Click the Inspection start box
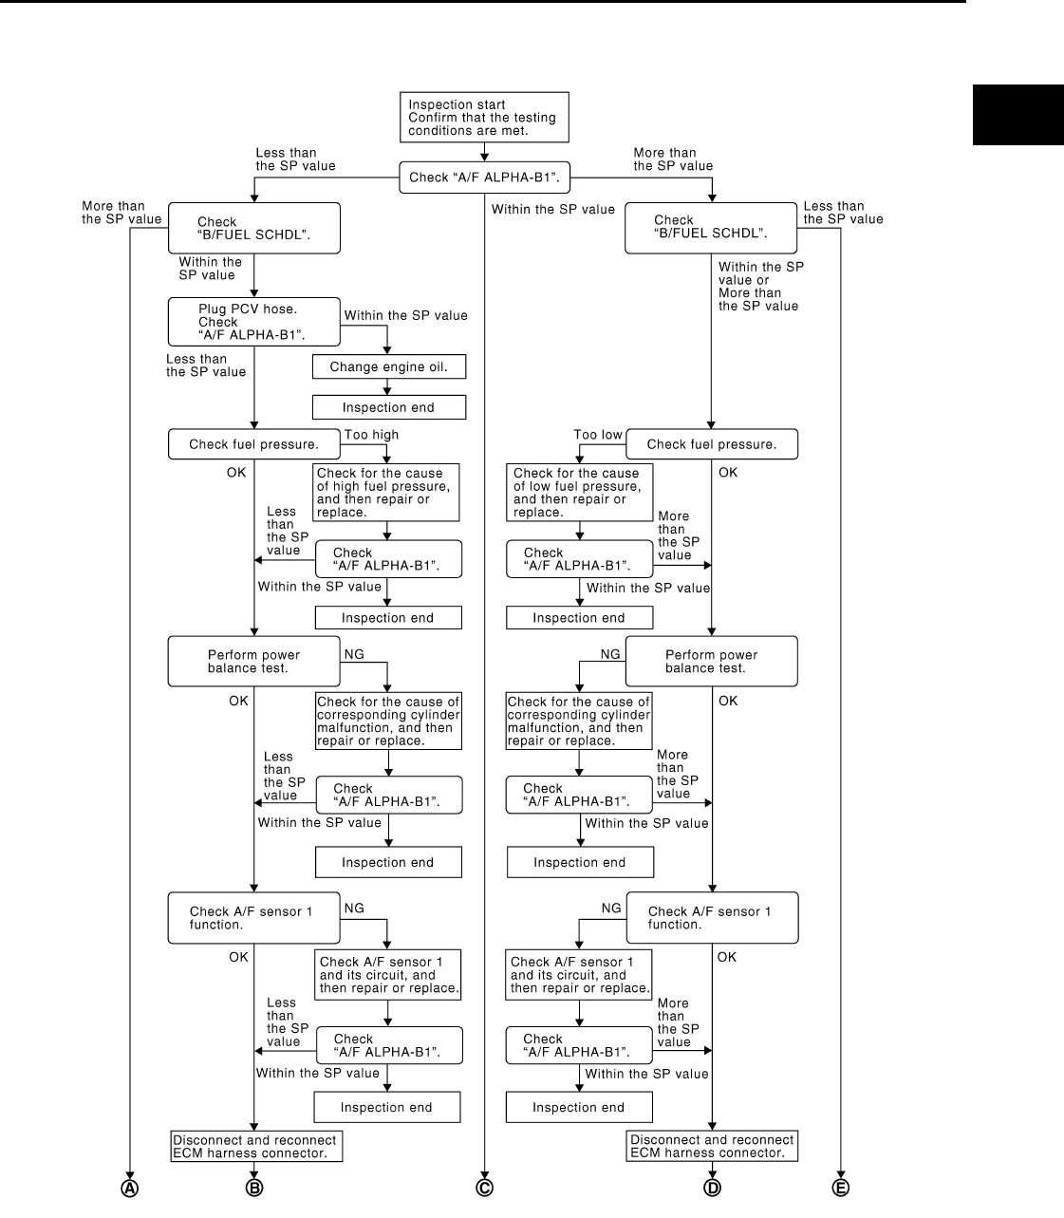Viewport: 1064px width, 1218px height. tap(484, 118)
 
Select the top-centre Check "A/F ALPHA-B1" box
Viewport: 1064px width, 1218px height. tap(484, 178)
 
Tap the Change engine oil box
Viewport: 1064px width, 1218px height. tap(388, 367)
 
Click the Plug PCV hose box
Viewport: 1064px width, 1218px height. tap(253, 322)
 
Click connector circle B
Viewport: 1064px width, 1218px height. tap(254, 1188)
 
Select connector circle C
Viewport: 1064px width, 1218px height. tap(485, 1188)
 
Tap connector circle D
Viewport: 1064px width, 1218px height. tap(712, 1188)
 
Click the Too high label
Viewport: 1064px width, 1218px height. tap(371, 435)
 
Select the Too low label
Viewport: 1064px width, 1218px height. tap(598, 435)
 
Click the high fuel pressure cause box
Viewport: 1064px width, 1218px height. tap(386, 492)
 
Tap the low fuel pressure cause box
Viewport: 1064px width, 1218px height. tap(579, 492)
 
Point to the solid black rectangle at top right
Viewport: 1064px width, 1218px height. tap(1017, 115)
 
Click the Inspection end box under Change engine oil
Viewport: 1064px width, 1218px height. tap(388, 407)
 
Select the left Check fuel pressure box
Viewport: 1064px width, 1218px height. tap(253, 444)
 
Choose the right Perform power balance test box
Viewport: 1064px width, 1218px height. tap(711, 661)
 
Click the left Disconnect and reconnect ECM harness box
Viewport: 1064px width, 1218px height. tap(255, 1146)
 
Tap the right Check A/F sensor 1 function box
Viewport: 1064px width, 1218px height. tap(711, 917)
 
